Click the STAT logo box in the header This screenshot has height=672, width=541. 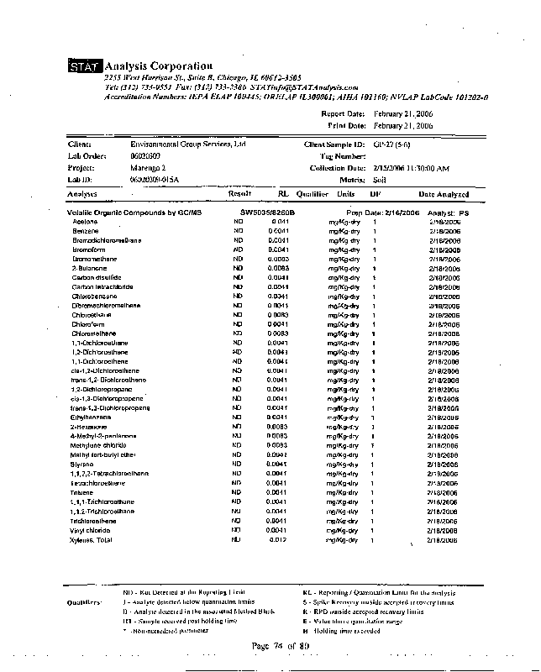click(x=85, y=66)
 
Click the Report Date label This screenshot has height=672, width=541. click(x=344, y=113)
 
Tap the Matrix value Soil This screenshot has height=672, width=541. click(x=381, y=180)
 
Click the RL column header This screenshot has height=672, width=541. click(x=283, y=194)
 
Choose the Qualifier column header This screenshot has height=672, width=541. click(x=312, y=194)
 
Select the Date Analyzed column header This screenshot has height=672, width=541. click(x=444, y=194)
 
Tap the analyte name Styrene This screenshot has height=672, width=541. click(x=82, y=464)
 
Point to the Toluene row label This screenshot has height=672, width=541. click(x=82, y=492)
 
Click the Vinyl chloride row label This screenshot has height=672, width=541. click(x=91, y=530)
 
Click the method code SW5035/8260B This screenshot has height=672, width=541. click(x=268, y=213)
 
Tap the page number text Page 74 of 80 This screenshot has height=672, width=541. click(x=281, y=645)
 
